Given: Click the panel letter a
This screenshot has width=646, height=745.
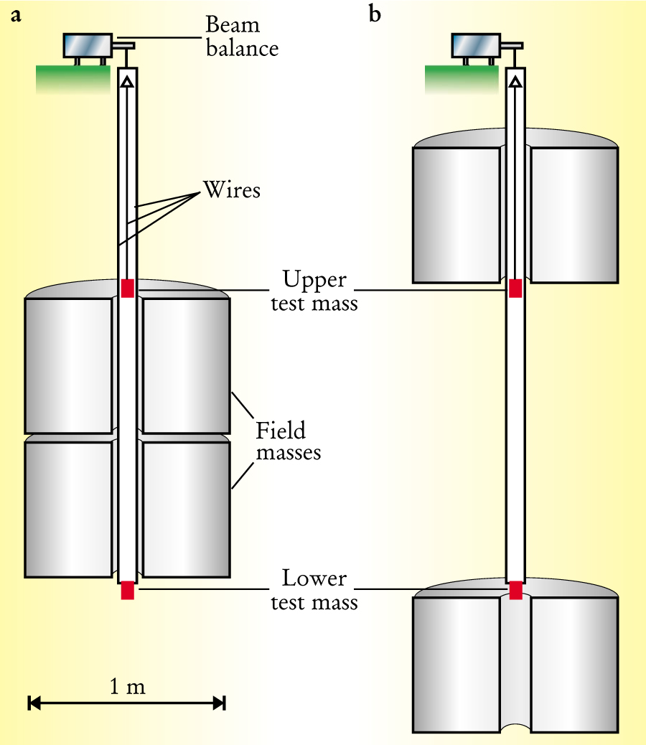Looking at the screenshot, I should pyautogui.click(x=15, y=16).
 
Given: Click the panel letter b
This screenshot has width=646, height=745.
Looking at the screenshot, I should pyautogui.click(x=375, y=14).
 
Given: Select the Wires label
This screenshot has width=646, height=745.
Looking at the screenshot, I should pyautogui.click(x=232, y=190).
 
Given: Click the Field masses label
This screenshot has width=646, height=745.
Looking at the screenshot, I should pyautogui.click(x=288, y=441).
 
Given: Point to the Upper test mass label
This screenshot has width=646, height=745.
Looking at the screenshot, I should pyautogui.click(x=314, y=291).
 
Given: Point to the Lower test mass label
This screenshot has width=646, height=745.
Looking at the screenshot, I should pyautogui.click(x=314, y=590).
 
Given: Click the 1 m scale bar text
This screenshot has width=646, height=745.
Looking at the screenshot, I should pyautogui.click(x=127, y=687).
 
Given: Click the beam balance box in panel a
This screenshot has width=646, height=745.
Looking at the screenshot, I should pyautogui.click(x=87, y=46).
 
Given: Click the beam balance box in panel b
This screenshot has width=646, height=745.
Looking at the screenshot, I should pyautogui.click(x=474, y=46).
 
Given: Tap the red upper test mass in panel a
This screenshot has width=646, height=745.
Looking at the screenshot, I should pyautogui.click(x=128, y=289).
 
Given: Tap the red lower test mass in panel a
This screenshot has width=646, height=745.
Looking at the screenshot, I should pyautogui.click(x=128, y=590).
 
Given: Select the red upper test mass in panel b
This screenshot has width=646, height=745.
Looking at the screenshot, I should pyautogui.click(x=515, y=289).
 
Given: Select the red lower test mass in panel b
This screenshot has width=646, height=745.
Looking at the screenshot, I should pyautogui.click(x=515, y=590).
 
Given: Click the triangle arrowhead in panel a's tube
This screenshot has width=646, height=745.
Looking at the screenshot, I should pyautogui.click(x=127, y=82).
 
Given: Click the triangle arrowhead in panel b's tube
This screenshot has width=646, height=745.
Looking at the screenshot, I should pyautogui.click(x=515, y=82).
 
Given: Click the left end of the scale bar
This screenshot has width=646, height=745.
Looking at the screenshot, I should pyautogui.click(x=29, y=703).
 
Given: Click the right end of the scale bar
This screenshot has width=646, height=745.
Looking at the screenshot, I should pyautogui.click(x=225, y=703).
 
